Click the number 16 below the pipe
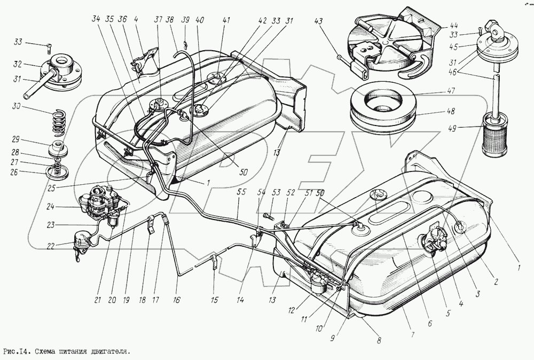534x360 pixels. (x=177, y=300)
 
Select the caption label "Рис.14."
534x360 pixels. (x=19, y=352)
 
